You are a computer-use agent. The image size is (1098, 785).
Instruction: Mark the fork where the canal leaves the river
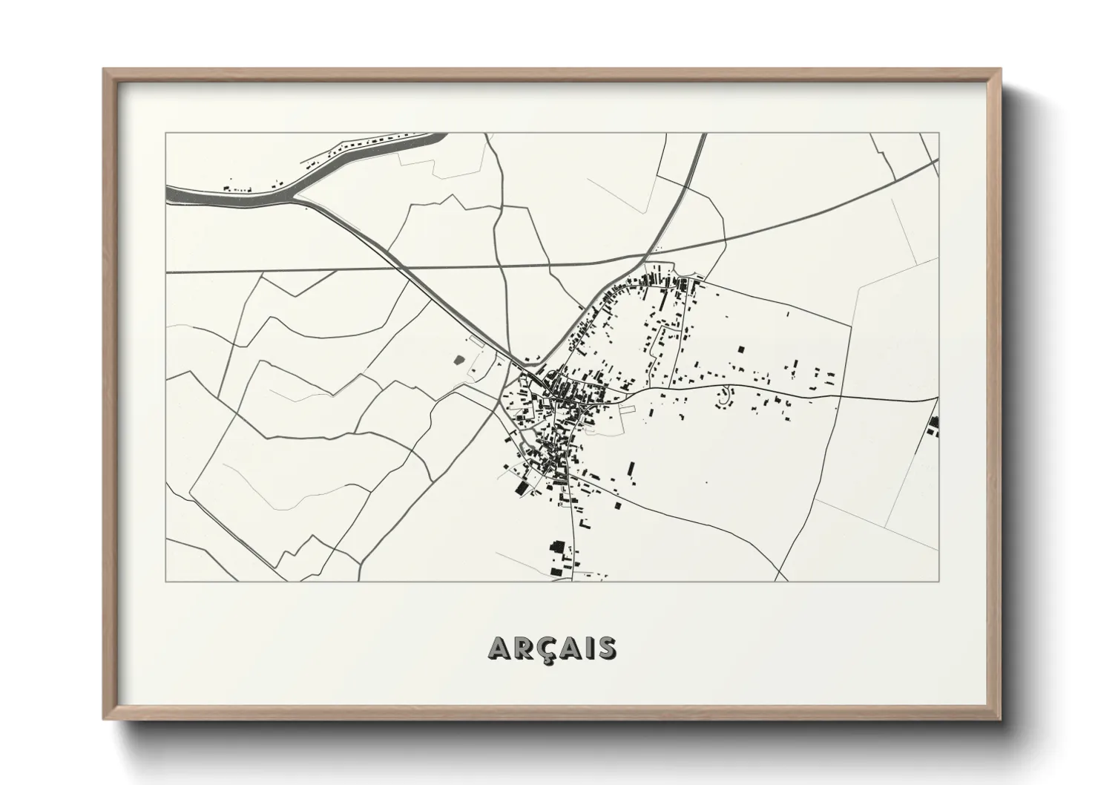click(295, 197)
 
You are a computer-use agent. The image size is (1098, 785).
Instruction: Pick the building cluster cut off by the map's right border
click(933, 426)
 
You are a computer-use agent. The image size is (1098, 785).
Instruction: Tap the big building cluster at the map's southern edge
click(558, 558)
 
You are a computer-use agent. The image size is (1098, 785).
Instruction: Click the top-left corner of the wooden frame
click(105, 70)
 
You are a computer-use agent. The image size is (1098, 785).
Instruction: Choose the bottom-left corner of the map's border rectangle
click(166, 581)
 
